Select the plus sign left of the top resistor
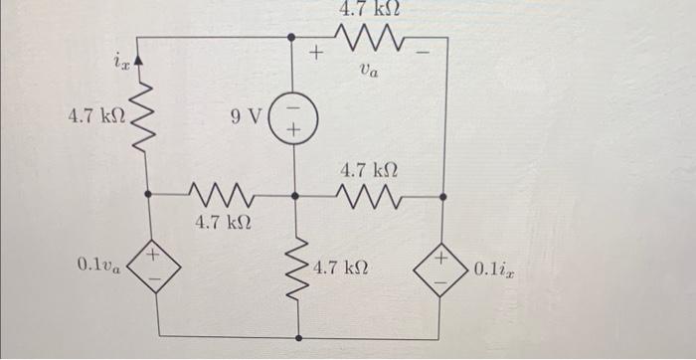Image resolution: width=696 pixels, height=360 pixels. point(317,51)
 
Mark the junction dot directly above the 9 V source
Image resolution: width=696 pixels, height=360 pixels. point(292,39)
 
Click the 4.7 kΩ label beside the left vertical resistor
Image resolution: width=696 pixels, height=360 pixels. point(95,117)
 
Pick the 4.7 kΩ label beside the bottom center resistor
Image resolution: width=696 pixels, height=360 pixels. point(343,269)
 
